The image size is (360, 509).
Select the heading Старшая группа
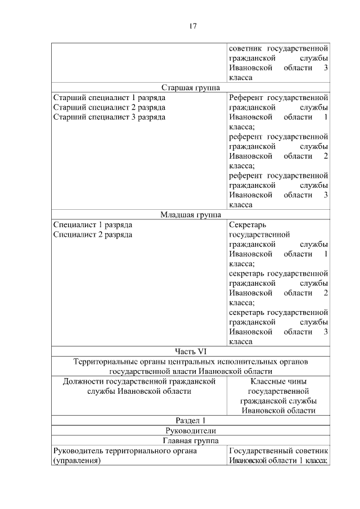(190, 88)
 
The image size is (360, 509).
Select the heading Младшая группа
(190, 214)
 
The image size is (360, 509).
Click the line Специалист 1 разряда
(93, 224)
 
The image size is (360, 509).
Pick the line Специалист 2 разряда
(93, 234)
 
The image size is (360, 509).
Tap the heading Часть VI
(190, 351)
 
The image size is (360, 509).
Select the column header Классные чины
(278, 381)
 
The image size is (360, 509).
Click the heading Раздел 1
(190, 420)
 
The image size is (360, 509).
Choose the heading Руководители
(190, 430)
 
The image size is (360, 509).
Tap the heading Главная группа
(190, 440)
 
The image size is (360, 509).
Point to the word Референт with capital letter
(246, 98)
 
